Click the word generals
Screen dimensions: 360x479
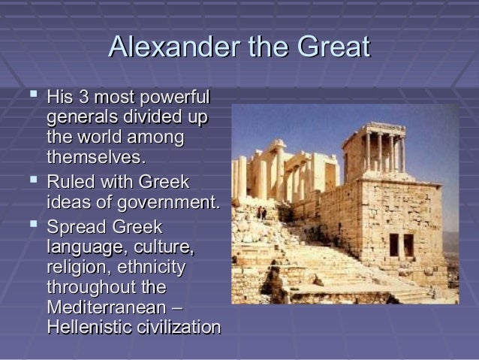point(80,118)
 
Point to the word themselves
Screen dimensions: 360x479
point(95,158)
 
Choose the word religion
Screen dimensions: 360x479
point(74,267)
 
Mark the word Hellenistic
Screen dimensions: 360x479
point(88,328)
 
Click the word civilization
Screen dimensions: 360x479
point(178,328)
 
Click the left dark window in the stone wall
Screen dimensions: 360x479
point(394,244)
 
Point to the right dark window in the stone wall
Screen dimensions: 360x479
point(409,244)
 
